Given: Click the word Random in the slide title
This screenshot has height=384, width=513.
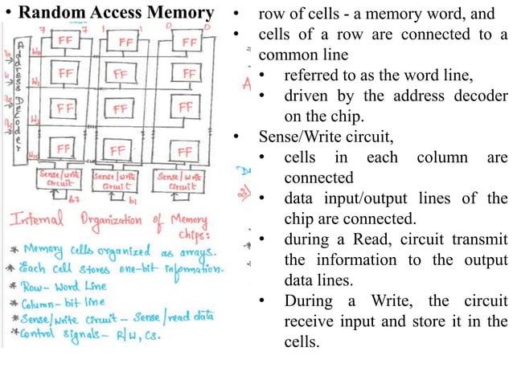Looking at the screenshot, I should click(51, 14).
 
